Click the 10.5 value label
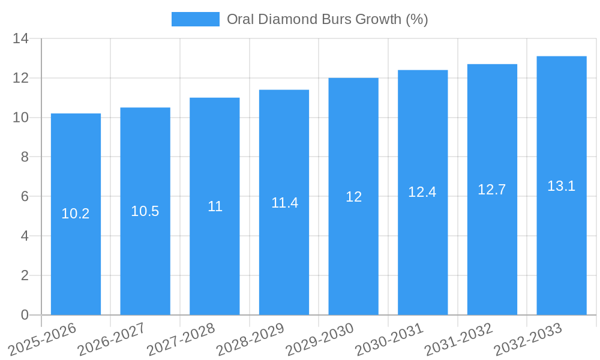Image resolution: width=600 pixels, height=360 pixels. [145, 211]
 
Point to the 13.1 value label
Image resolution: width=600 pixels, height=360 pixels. [562, 186]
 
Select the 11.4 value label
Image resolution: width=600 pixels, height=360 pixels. [284, 203]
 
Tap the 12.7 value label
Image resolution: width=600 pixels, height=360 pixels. [492, 190]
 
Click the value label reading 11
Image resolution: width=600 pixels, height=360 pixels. [215, 206]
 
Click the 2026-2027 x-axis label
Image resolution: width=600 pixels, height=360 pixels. [112, 339]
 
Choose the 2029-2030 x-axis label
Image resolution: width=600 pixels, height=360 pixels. [320, 339]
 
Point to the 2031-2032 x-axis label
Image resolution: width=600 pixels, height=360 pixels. [459, 339]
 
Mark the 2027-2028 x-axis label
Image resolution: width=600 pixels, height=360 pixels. [181, 339]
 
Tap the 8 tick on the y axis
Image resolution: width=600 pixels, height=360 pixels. [25, 157]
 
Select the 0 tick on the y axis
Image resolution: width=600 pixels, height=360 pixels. [25, 315]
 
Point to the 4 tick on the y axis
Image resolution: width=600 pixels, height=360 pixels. [25, 236]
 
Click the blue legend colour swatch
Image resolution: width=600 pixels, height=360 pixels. [196, 19]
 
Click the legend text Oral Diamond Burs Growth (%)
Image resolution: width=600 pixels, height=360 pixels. [327, 19]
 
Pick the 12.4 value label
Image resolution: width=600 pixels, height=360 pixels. [422, 192]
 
